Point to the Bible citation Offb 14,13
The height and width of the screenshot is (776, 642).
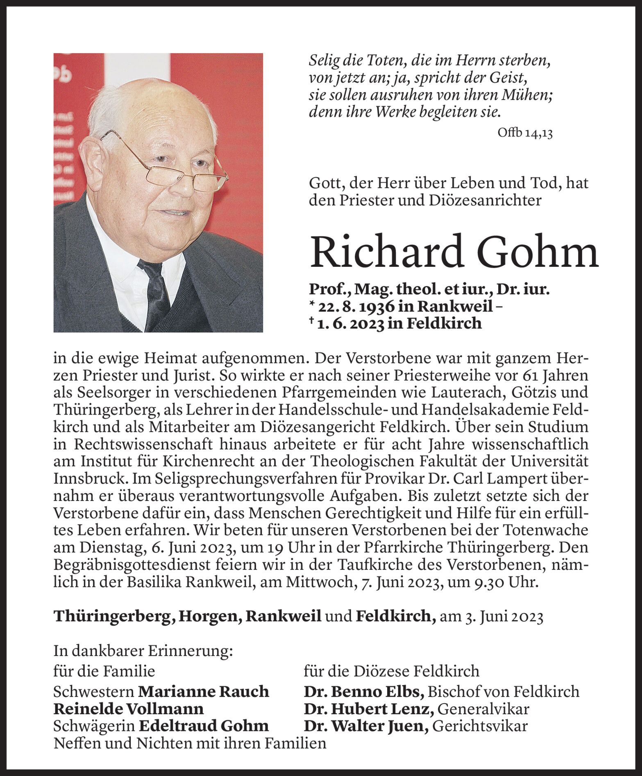525,133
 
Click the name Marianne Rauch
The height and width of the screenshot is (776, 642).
204,692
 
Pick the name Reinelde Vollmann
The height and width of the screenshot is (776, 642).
128,709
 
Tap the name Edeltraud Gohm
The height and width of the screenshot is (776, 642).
204,726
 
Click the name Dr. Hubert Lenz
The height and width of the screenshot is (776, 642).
369,709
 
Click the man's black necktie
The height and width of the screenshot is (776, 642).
155,289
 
